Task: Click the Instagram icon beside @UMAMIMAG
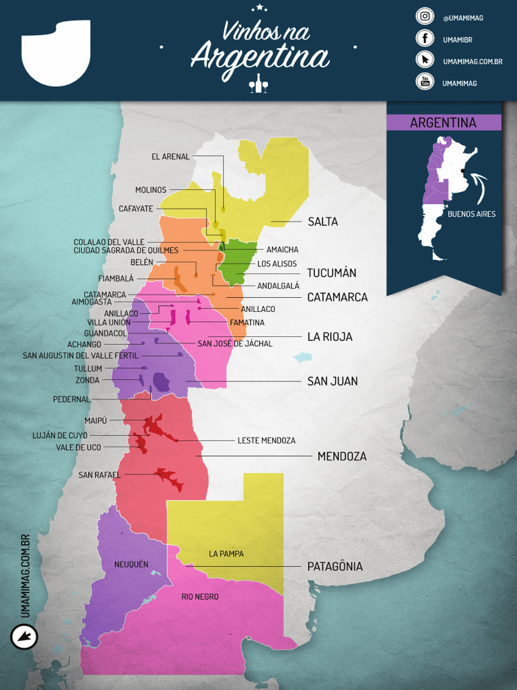point(424,17)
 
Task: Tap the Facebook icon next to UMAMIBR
point(424,38)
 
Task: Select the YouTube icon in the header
point(424,82)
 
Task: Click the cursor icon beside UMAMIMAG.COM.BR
point(424,60)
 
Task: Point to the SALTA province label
point(322,222)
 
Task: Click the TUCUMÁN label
point(331,273)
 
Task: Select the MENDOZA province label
point(342,456)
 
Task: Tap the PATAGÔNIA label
point(335,567)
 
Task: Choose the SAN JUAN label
point(332,381)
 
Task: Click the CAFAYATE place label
point(136,209)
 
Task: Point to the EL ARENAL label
point(170,157)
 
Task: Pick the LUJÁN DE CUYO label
point(60,435)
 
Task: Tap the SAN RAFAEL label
point(99,475)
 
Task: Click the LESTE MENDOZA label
point(267,441)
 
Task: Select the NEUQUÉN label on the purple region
point(131,565)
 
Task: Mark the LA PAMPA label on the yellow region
point(226,554)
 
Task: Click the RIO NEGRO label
point(200,597)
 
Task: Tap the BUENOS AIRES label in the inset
point(471,214)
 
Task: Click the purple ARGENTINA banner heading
point(443,123)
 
